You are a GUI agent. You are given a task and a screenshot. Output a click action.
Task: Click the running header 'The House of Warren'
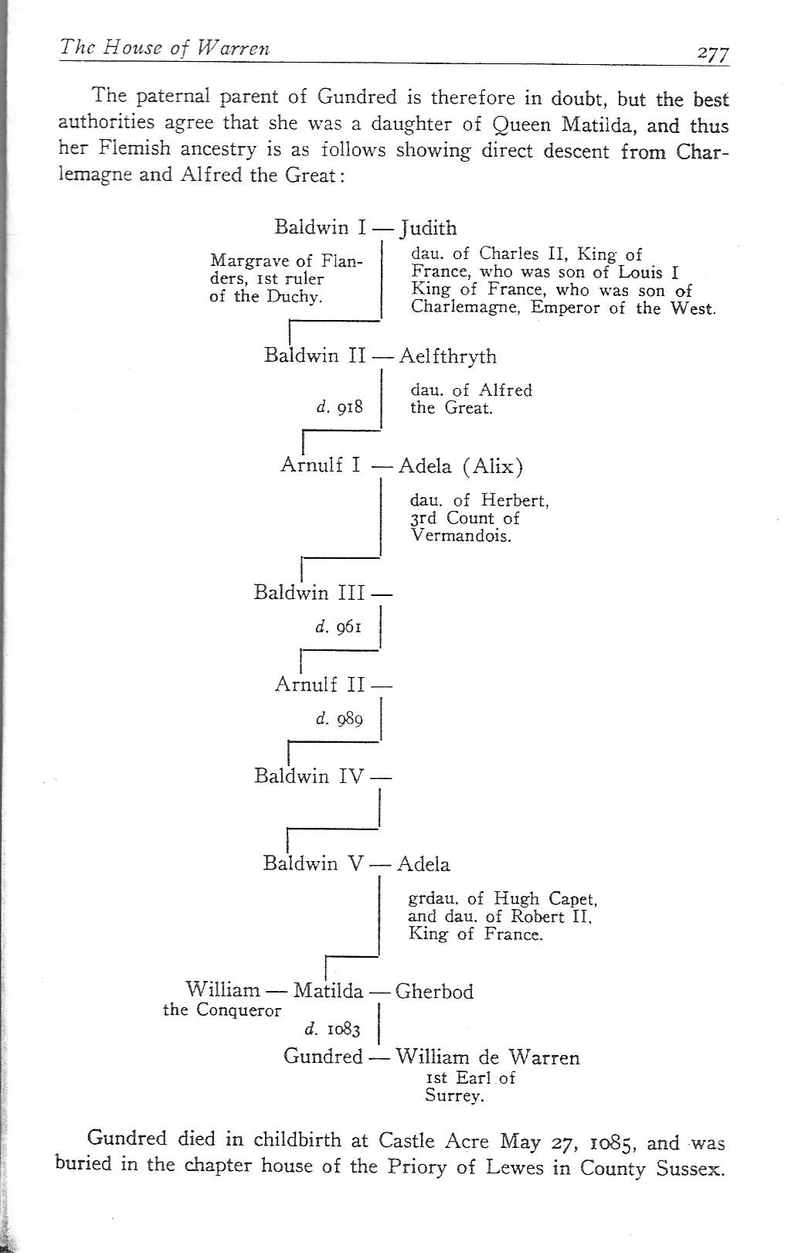click(x=165, y=48)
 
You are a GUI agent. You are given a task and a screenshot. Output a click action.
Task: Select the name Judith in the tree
click(x=428, y=228)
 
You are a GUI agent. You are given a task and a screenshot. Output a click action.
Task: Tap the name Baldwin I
click(x=320, y=227)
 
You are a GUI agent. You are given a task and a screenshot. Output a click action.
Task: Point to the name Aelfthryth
click(x=448, y=356)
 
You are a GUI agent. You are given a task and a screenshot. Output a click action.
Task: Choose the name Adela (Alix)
click(x=460, y=466)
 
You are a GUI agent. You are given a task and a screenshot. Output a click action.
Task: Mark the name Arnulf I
click(x=321, y=465)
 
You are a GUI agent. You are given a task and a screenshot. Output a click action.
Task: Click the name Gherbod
click(x=434, y=991)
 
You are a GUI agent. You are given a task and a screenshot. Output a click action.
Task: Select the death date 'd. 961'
click(x=338, y=626)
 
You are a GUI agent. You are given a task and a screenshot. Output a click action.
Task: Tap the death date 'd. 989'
click(x=339, y=718)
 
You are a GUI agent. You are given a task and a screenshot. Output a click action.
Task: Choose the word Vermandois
click(x=461, y=536)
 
